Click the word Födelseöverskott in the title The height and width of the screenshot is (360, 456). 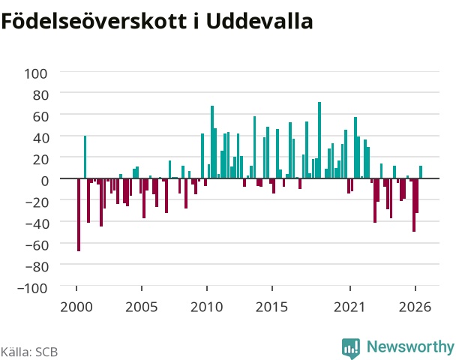(94, 21)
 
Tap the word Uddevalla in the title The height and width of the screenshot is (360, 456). (259, 21)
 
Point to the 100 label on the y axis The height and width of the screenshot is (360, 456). (35, 73)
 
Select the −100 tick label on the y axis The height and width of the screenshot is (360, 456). (32, 289)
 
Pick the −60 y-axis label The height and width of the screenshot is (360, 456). (37, 245)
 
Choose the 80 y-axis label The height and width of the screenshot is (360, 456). (40, 95)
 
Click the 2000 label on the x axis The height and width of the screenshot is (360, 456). (76, 307)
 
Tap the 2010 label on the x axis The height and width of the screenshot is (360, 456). (206, 307)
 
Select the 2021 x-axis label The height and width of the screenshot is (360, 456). (349, 307)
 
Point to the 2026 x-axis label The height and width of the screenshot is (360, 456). (415, 307)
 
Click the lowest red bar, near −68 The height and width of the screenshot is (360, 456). (79, 214)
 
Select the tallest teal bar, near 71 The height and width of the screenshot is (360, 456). (319, 140)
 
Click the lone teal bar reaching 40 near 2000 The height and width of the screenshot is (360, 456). (85, 157)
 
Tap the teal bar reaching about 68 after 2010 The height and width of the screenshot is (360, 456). (212, 142)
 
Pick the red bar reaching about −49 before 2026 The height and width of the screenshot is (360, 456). (414, 205)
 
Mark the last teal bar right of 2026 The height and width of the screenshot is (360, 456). (421, 172)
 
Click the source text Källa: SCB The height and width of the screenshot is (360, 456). (29, 352)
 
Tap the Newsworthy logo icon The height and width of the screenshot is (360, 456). (351, 348)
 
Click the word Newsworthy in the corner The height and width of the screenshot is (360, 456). (410, 346)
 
